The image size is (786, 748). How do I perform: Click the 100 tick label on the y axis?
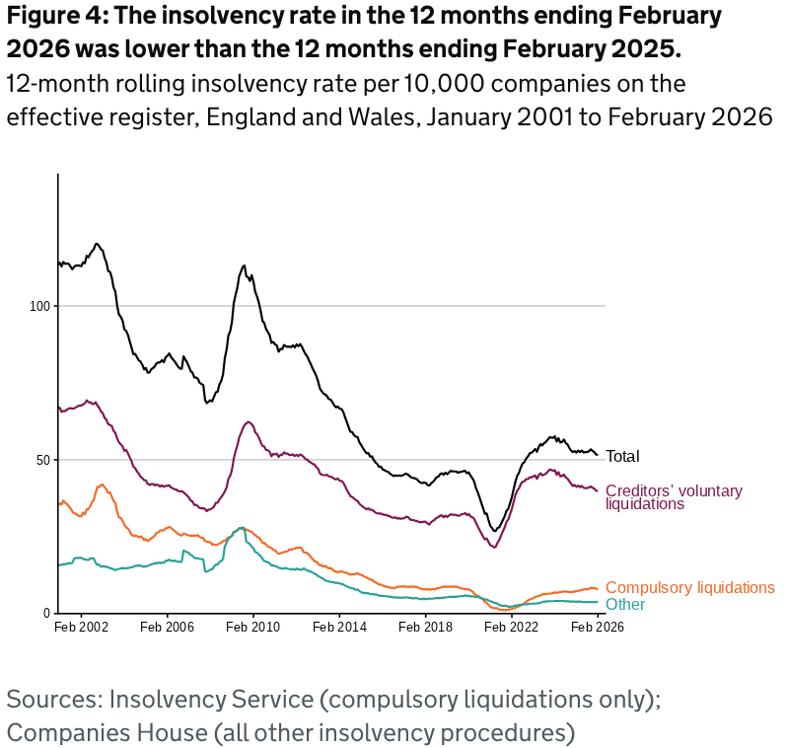(40, 306)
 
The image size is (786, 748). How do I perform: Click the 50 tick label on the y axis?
(43, 460)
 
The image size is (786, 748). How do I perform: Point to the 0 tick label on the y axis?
(46, 614)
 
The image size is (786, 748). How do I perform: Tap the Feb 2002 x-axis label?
(81, 627)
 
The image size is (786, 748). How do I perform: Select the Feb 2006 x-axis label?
(167, 627)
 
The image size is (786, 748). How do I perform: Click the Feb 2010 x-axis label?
(253, 627)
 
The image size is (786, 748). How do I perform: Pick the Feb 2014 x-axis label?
(339, 627)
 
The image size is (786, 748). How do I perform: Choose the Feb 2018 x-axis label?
(425, 627)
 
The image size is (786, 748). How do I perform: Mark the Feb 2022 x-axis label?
(511, 627)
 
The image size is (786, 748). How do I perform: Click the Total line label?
(622, 457)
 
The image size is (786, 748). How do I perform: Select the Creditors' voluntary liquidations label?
(674, 496)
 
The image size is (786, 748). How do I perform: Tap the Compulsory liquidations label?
(689, 587)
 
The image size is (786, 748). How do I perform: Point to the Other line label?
(625, 604)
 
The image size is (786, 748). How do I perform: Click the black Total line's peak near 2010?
(244, 265)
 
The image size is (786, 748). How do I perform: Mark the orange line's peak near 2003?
(101, 485)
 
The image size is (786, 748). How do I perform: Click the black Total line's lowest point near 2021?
(495, 531)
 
